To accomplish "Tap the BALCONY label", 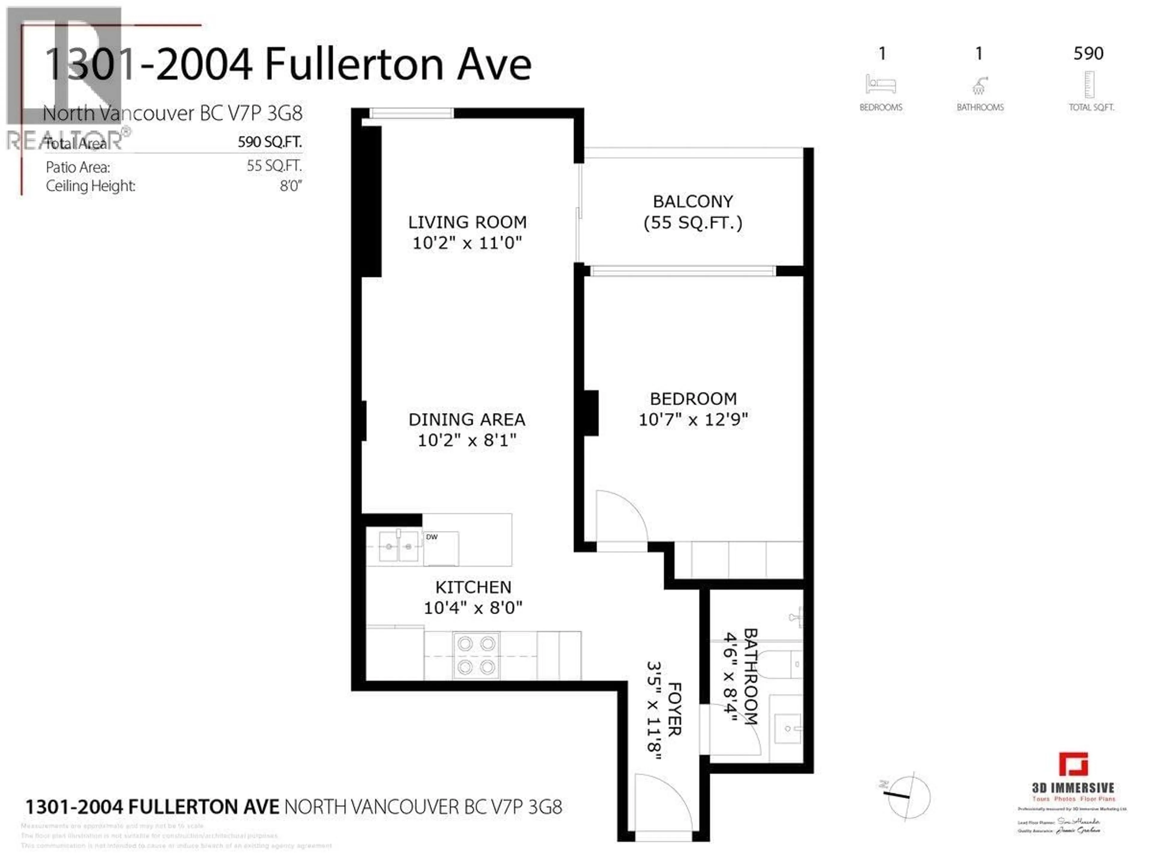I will tap(693, 201).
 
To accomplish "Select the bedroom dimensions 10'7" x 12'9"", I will tap(693, 419).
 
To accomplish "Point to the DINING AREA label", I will tap(467, 419).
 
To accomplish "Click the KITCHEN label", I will tap(473, 587).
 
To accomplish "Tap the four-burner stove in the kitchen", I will tap(476, 655).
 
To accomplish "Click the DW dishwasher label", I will tap(431, 537).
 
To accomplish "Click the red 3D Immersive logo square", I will tap(1073, 765).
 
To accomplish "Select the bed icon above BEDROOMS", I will tap(880, 84).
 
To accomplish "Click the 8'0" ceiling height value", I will tap(290, 186).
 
